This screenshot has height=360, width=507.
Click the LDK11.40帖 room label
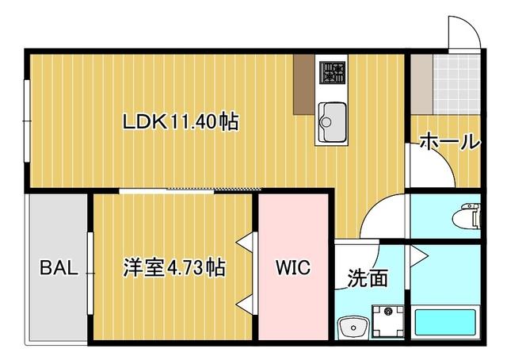[x=180, y=122]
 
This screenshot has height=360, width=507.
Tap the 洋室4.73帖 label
[x=173, y=267]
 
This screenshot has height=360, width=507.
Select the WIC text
[x=293, y=267]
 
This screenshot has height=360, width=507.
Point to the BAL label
[x=59, y=267]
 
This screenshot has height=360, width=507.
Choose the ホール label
[x=448, y=143]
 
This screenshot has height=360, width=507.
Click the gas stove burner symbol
[x=332, y=72]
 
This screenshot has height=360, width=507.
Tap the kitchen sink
[x=331, y=116]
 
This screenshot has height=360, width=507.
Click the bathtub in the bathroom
[x=445, y=322]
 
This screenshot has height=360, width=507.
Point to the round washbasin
[x=350, y=326]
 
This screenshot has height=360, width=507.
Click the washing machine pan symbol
[x=388, y=322]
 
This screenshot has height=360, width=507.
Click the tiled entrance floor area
[x=457, y=83]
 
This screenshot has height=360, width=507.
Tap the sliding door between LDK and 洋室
[x=190, y=190]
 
